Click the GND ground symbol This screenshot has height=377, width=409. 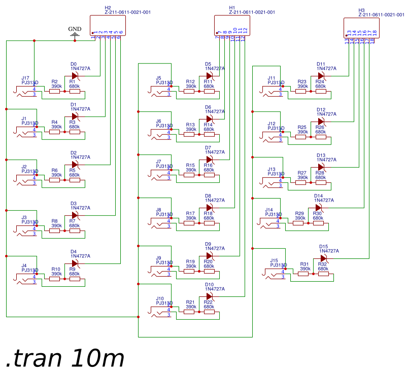click(75, 34)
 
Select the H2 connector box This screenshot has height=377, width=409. click(107, 25)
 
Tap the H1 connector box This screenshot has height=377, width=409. click(231, 25)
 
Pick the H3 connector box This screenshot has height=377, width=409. click(361, 27)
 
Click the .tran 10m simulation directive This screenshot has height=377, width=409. click(65, 358)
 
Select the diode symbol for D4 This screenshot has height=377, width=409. click(75, 263)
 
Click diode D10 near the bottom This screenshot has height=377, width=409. click(209, 296)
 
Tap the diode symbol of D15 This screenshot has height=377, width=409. click(323, 258)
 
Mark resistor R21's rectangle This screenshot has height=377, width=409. click(189, 312)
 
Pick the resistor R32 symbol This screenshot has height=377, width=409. click(323, 274)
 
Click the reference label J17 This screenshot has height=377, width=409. click(25, 78)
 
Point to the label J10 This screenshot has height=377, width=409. click(160, 298)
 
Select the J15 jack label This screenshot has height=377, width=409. click(274, 260)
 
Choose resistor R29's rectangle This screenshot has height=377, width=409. click(298, 223)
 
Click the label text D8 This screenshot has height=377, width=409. click(208, 196)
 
